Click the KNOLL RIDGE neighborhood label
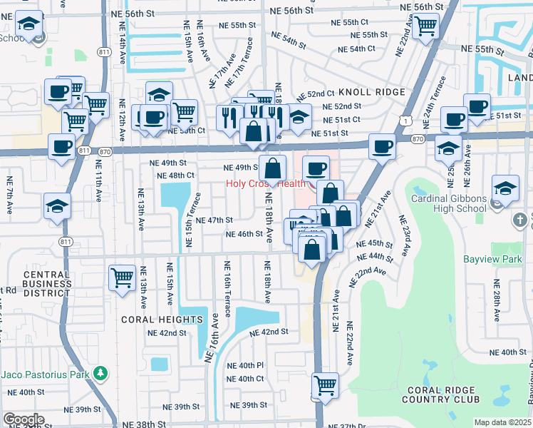click(x=371, y=92)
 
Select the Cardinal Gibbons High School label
click(x=448, y=204)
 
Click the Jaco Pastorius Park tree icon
click(x=101, y=373)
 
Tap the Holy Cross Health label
click(x=266, y=183)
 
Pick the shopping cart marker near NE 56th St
click(x=425, y=26)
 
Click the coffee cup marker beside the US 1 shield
click(x=383, y=146)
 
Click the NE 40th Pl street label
click(x=245, y=365)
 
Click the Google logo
click(x=24, y=419)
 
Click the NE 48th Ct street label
click(x=175, y=175)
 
